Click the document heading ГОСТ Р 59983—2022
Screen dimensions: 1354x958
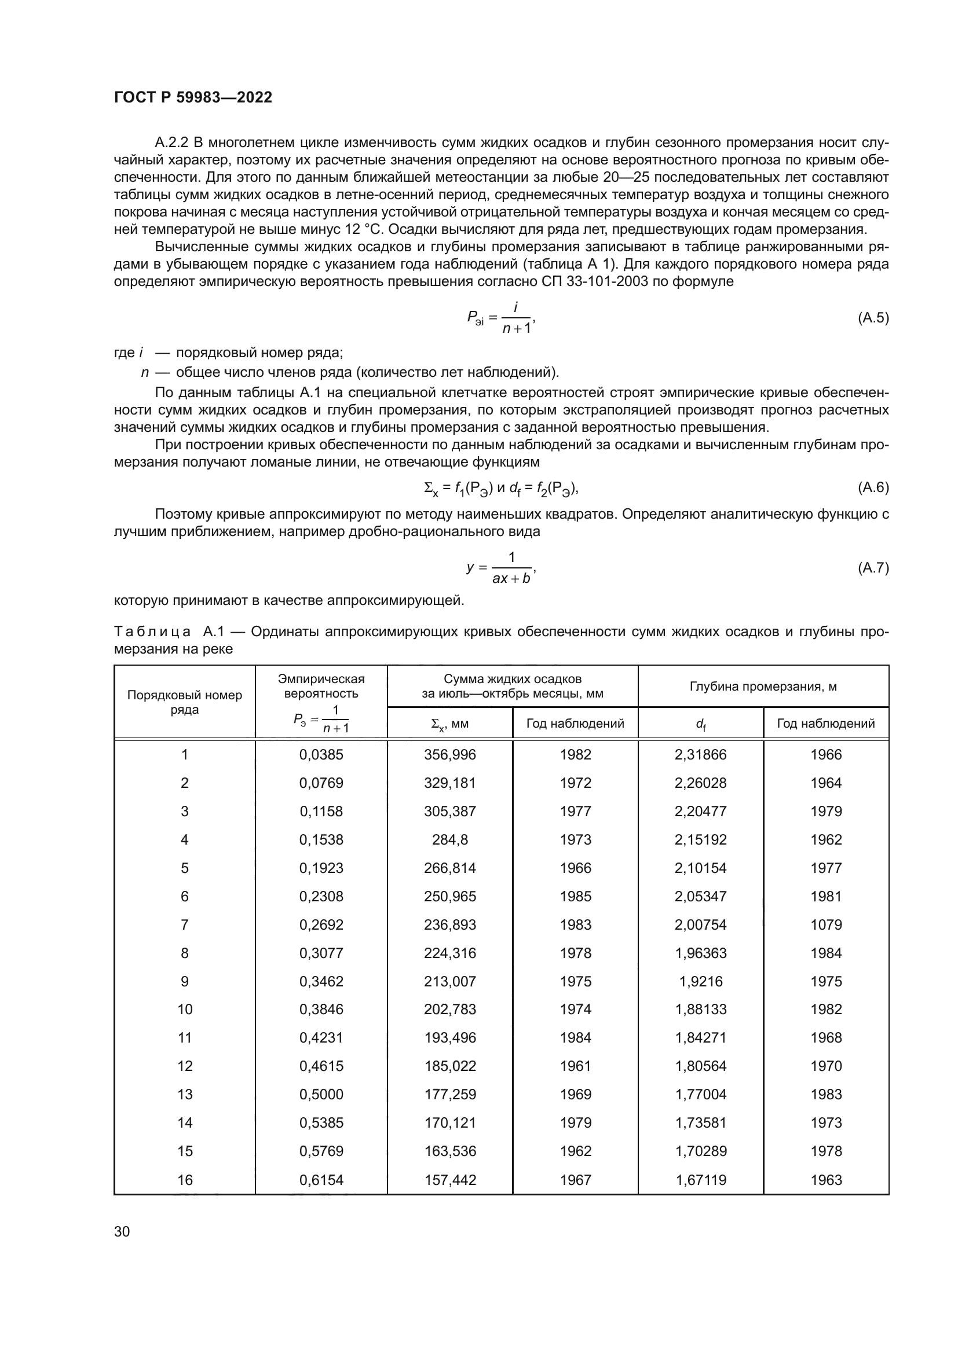tap(193, 97)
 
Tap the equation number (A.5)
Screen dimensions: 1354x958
tap(873, 318)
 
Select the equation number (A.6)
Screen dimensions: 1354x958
tap(873, 487)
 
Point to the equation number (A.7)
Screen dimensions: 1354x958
tap(873, 568)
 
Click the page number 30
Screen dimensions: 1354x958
tap(122, 1231)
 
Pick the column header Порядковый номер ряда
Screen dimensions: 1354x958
tap(185, 702)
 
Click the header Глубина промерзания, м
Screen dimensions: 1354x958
tap(763, 687)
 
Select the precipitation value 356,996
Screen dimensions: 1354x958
tap(449, 755)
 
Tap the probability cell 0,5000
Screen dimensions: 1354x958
tap(321, 1095)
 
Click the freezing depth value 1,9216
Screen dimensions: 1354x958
tap(700, 981)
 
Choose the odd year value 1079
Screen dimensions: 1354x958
tap(826, 924)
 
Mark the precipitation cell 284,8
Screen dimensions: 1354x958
tap(449, 840)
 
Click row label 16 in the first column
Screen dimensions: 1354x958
tap(185, 1180)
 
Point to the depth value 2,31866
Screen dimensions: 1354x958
tap(700, 755)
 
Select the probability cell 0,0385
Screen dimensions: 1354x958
tap(321, 755)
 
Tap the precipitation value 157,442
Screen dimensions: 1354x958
tap(449, 1180)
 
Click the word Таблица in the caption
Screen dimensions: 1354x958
tap(152, 632)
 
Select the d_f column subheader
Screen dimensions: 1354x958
tap(700, 724)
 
